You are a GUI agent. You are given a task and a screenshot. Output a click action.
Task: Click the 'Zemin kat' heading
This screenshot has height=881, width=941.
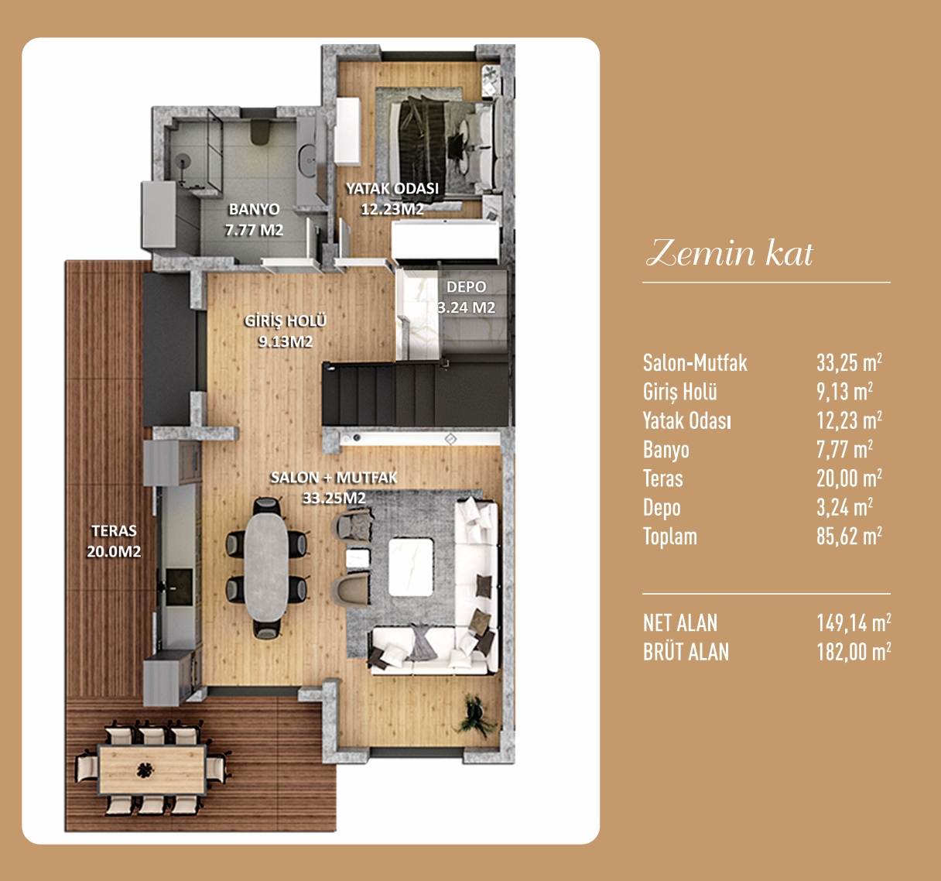[730, 252]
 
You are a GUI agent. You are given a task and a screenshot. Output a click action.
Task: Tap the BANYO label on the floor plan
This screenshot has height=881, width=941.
[255, 209]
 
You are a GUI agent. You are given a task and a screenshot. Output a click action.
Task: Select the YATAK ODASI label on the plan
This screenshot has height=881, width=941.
[392, 189]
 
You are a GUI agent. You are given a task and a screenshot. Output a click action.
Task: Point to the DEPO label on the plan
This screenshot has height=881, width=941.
[466, 287]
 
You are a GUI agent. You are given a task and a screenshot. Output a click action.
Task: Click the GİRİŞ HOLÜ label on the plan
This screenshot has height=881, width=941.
[286, 321]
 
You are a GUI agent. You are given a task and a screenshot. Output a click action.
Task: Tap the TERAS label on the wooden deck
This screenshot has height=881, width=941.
[114, 530]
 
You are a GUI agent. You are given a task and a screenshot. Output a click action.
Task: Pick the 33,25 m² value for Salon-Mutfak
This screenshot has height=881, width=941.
[849, 363]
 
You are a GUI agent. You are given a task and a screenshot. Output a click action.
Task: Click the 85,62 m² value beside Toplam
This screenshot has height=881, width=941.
[849, 536]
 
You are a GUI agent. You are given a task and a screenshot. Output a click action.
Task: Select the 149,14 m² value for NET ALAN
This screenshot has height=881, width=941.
[854, 623]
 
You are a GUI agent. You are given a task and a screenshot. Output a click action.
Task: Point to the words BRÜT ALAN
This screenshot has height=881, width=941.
[686, 652]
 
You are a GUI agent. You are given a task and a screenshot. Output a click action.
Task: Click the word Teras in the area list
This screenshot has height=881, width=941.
[663, 478]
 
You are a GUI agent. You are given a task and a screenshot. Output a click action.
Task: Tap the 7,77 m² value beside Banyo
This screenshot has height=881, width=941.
[844, 450]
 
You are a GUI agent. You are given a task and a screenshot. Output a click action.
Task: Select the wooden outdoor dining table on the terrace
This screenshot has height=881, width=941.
[152, 769]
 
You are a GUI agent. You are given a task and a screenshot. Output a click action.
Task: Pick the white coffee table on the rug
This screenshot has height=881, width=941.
[411, 567]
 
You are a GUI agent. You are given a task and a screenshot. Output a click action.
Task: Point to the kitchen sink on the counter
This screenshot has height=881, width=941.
[178, 586]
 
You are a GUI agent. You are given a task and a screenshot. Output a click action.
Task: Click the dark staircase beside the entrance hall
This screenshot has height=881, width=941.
[416, 394]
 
